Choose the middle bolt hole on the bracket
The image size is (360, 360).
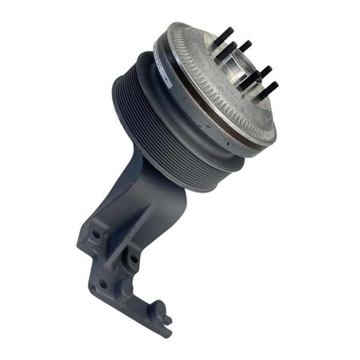click(134, 259)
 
